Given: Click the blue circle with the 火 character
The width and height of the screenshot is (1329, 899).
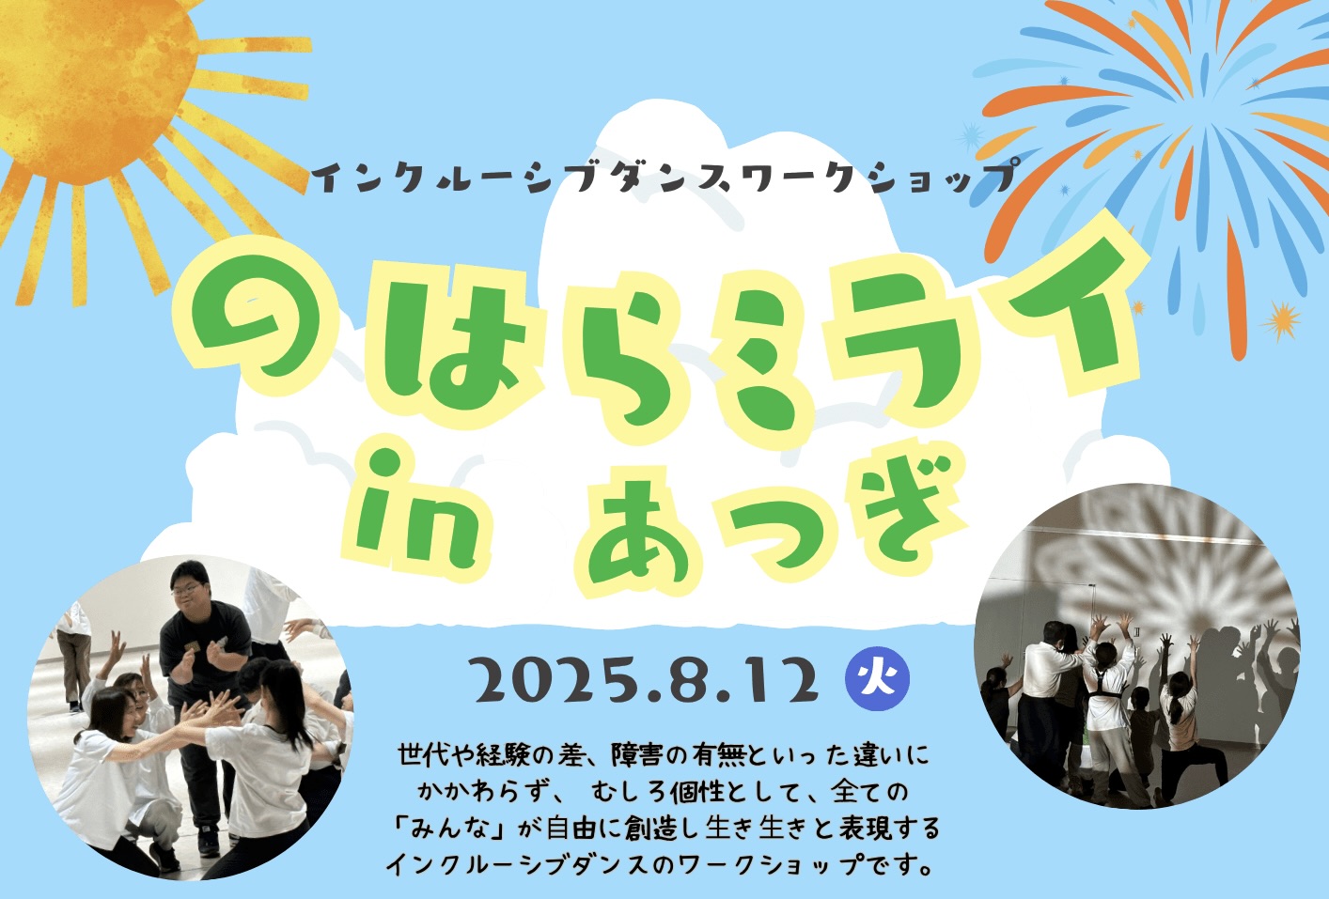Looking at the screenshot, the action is pyautogui.click(x=877, y=681).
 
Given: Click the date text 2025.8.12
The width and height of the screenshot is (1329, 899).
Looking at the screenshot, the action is pyautogui.click(x=648, y=682).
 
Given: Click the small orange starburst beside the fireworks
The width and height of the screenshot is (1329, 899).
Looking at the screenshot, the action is pyautogui.click(x=1283, y=321).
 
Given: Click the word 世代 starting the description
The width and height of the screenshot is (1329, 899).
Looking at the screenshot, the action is pyautogui.click(x=425, y=756).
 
